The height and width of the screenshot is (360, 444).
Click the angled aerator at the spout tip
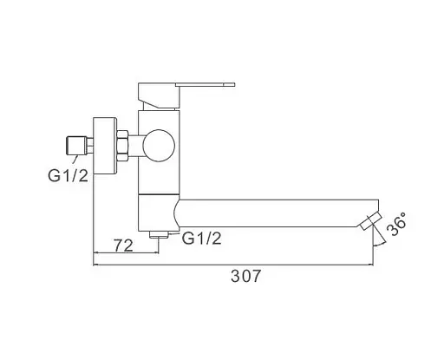click(371, 221)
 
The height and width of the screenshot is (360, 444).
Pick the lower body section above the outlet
click(156, 212)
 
